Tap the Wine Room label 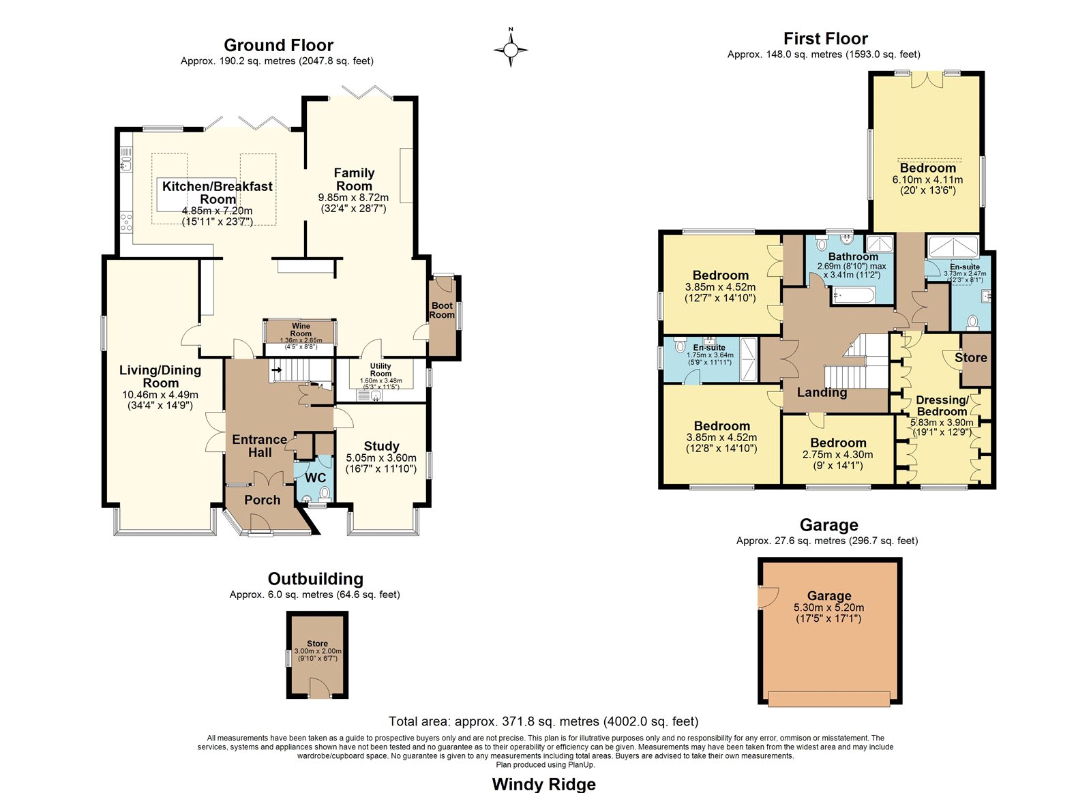click(x=301, y=330)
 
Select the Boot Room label click(x=442, y=310)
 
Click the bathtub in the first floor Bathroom click(x=853, y=295)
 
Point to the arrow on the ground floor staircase click(x=277, y=370)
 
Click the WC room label click(x=315, y=478)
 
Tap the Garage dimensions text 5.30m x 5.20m click(x=828, y=608)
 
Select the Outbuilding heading click(x=316, y=579)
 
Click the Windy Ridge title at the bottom click(x=543, y=784)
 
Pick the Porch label click(x=262, y=500)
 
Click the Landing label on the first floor click(x=822, y=393)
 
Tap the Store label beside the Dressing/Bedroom click(x=971, y=357)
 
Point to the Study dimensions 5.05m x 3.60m click(x=381, y=458)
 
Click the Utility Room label click(x=380, y=370)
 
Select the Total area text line click(x=543, y=721)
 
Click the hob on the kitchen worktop click(x=126, y=222)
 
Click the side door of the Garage click(x=768, y=597)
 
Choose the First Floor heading click(x=826, y=38)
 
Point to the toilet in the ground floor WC click(x=325, y=494)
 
